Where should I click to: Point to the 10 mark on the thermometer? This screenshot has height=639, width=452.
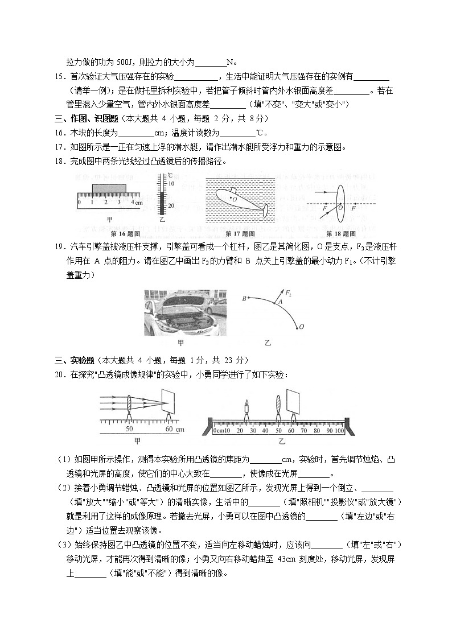tap(171, 184)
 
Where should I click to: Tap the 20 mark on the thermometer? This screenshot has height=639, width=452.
tap(171, 205)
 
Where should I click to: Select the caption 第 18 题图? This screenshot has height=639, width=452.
tap(341, 234)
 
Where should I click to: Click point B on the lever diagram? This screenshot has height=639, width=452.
tap(244, 298)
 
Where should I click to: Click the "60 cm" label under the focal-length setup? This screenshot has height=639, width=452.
tap(174, 429)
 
